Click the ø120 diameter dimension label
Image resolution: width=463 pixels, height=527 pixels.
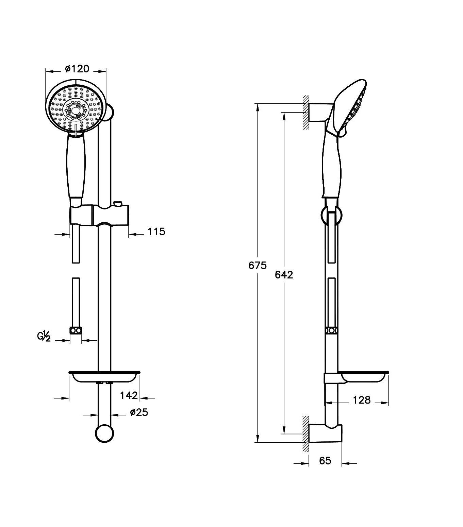click(x=77, y=69)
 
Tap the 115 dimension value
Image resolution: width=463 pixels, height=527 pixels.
click(x=156, y=232)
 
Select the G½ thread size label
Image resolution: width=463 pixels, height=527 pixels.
click(x=44, y=337)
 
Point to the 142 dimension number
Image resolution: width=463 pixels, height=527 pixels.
click(x=129, y=395)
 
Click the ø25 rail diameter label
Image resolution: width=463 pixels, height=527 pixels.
click(x=139, y=412)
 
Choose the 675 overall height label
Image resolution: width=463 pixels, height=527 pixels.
click(x=258, y=266)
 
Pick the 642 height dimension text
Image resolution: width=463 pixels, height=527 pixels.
click(x=284, y=275)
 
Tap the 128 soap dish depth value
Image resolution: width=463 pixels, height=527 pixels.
click(x=362, y=400)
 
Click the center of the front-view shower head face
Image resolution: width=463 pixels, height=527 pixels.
click(x=76, y=110)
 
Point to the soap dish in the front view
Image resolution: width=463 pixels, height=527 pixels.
click(x=104, y=377)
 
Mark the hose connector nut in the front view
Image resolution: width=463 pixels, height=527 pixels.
click(x=76, y=331)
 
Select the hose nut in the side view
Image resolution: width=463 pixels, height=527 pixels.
click(x=332, y=330)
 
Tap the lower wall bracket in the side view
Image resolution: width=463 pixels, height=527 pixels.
click(x=325, y=434)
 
